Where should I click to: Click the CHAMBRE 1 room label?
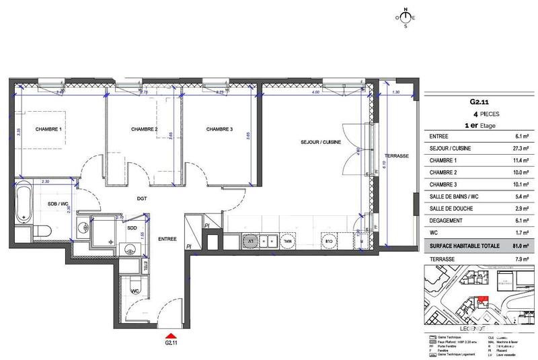(48, 129)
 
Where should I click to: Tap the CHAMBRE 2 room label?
(144, 129)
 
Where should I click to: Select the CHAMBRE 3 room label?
(219, 129)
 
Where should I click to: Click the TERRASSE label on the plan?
(397, 155)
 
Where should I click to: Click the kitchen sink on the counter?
(268, 240)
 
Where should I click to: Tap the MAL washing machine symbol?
(288, 240)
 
